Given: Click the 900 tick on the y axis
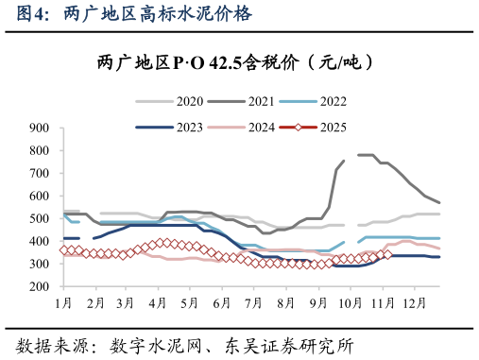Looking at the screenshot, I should pyautogui.click(x=40, y=128).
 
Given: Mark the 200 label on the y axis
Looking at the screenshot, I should pyautogui.click(x=40, y=286).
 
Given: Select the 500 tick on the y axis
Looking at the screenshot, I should pyautogui.click(x=40, y=218).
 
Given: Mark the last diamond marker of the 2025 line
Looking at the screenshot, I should pyautogui.click(x=387, y=253).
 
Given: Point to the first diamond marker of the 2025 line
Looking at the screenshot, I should pyautogui.click(x=64, y=250).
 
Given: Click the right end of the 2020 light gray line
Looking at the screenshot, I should pyautogui.click(x=439, y=214).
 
